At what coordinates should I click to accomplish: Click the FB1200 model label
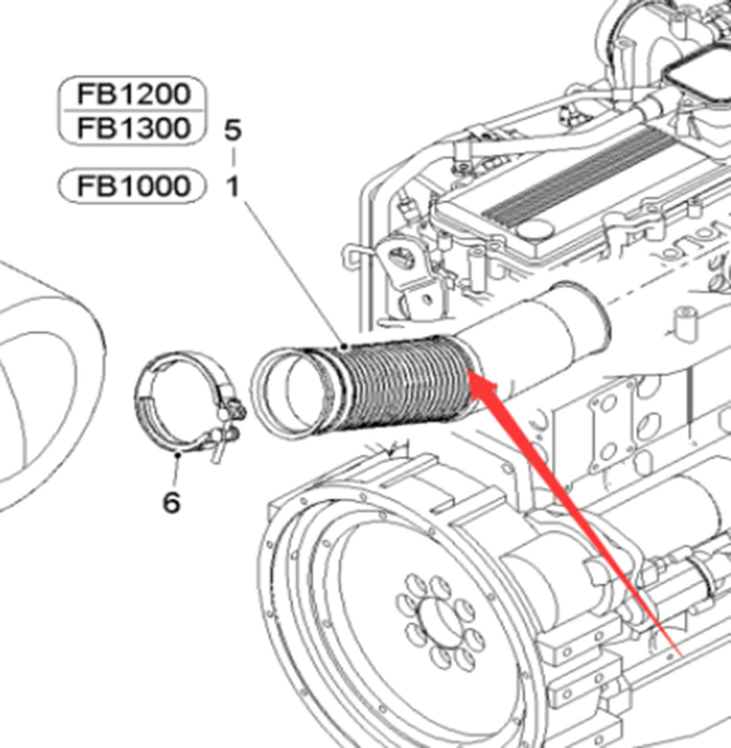(132, 94)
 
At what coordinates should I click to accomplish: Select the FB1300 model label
(132, 128)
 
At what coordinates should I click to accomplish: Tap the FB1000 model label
(132, 185)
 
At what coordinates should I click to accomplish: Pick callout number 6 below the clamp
(172, 502)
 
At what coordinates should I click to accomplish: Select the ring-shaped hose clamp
(177, 402)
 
